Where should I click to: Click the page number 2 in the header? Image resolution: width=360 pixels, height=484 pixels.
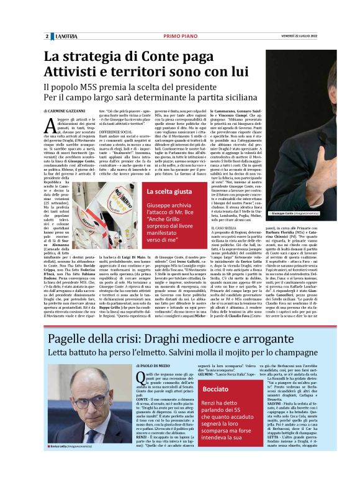[47, 37]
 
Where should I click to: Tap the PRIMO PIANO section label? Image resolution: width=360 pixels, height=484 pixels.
[179, 37]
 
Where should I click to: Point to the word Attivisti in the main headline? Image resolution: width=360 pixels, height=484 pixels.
[73, 73]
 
